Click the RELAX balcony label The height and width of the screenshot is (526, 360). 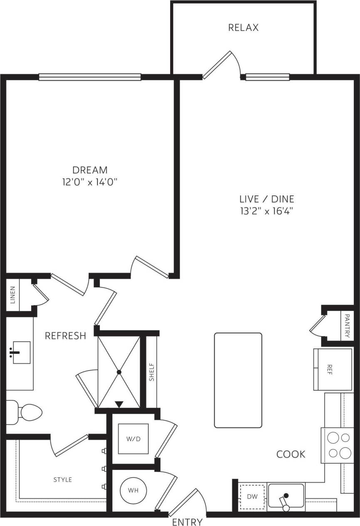point(243,28)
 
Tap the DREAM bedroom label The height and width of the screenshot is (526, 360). point(90,170)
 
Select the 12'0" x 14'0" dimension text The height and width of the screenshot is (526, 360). point(90,182)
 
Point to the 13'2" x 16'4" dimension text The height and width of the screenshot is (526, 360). point(267,211)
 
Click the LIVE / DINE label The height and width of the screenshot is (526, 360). point(267,199)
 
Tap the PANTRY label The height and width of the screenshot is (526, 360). point(347,326)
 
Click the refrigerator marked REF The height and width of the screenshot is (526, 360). point(333,370)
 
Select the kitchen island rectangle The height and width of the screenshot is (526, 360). point(238,380)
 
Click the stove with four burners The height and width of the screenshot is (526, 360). point(337,445)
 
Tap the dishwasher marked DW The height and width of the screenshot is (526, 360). point(253,496)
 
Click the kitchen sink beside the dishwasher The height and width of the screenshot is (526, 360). point(286,496)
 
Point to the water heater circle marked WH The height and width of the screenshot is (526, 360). point(133,491)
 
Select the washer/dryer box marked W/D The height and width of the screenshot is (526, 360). point(133,439)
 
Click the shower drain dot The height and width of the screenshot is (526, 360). point(119,372)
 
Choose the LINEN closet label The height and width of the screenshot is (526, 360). point(12,294)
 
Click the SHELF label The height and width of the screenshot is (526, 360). point(151,372)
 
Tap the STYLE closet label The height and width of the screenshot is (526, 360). point(62,480)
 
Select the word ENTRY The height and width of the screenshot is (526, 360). point(187,522)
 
